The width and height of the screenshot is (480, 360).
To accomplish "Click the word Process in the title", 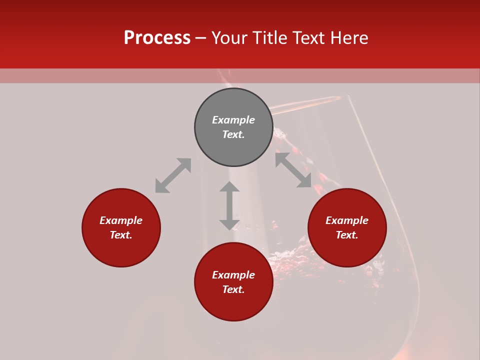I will [157, 38].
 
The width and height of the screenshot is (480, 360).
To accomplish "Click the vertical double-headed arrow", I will [229, 205].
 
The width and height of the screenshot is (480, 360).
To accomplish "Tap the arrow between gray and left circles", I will [173, 175].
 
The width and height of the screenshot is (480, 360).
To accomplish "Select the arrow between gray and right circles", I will [293, 170].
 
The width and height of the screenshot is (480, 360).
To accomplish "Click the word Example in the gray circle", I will [233, 120].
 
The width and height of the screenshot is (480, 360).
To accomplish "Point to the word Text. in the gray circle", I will [233, 134].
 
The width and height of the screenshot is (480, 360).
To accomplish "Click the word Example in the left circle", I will [121, 220].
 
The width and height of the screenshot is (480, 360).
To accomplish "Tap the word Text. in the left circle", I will [121, 235].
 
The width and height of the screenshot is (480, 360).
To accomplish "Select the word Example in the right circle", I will [347, 220].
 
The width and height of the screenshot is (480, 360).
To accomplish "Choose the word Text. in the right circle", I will [347, 235].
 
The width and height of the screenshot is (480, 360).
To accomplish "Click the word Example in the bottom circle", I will [233, 275].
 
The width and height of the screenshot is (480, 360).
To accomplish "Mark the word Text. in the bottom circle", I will [233, 289].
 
